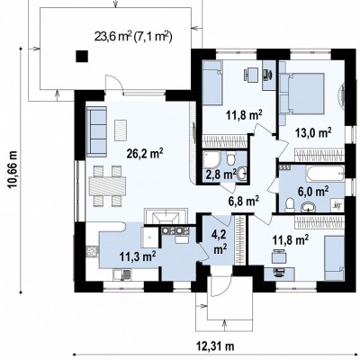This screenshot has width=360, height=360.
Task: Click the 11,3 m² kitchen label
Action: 138,256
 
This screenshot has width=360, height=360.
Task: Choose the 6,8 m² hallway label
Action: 243,201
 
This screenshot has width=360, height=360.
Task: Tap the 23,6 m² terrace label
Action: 133,36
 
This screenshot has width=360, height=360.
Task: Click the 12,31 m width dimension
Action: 215,346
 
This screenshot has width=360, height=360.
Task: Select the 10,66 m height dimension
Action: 13,169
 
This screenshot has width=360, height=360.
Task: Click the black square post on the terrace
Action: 82,56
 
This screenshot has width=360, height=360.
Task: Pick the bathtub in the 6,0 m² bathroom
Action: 325,174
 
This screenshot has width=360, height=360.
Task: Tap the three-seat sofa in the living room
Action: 96,132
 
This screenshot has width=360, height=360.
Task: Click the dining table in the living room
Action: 107,186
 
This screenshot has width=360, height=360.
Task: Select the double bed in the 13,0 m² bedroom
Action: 301,94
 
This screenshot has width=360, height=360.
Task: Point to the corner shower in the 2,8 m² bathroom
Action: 211,159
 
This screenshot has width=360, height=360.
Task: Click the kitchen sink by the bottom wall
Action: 122,274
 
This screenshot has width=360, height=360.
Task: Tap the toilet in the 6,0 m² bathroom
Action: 290,204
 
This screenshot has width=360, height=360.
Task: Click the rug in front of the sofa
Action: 121,130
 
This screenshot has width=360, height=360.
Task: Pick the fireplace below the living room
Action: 166,217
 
